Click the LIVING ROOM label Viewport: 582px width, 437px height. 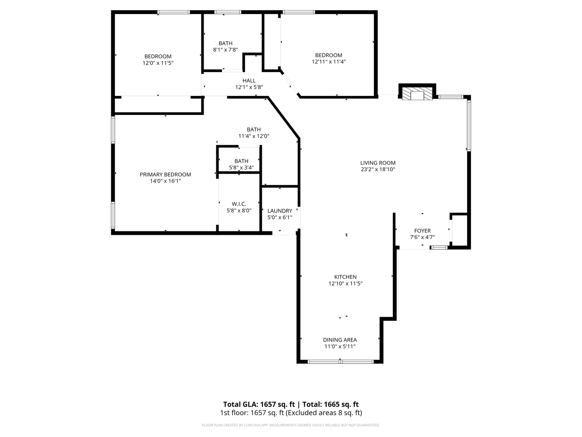[x=377, y=163]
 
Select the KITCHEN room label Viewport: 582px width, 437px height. [x=345, y=277]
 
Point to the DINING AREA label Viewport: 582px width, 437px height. [x=339, y=340]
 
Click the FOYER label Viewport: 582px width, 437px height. [x=422, y=231]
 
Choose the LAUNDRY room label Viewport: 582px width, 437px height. [x=280, y=211]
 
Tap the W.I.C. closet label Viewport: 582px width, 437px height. [x=239, y=204]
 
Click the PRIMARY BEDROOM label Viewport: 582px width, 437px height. [x=165, y=175]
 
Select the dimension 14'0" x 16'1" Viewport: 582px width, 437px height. [x=165, y=181]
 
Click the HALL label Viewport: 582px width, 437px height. [x=249, y=81]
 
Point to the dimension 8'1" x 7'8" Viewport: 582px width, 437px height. [x=226, y=50]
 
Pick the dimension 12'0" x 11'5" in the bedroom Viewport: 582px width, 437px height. [x=158, y=63]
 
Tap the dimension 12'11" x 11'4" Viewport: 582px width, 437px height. [x=329, y=62]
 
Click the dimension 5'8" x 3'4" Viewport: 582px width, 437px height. [x=241, y=168]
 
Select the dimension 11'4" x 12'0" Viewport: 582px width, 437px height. [x=254, y=136]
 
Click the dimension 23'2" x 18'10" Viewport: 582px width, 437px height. [x=377, y=170]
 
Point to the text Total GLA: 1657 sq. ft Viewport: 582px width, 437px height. [x=259, y=404]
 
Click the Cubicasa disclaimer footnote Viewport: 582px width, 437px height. [x=291, y=425]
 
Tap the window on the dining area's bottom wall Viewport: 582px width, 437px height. [x=340, y=361]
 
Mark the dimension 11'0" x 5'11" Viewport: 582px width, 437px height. [x=339, y=347]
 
